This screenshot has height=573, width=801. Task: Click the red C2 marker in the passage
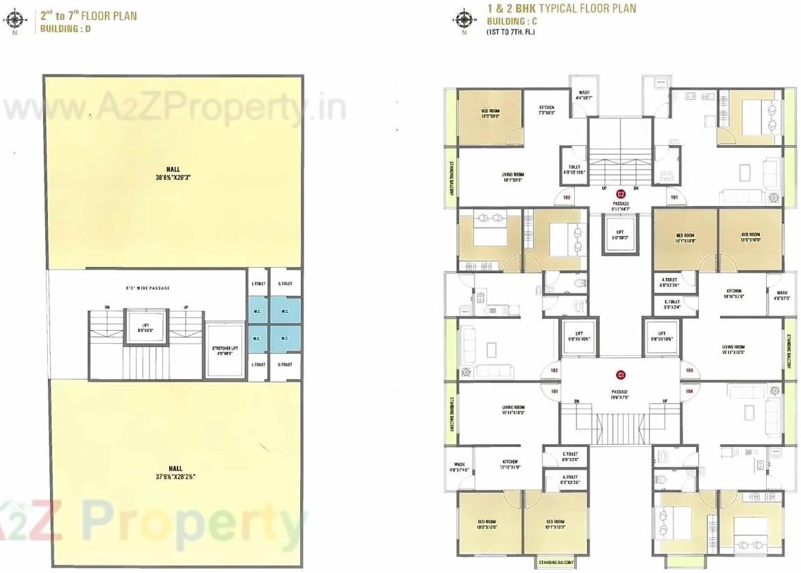click(621, 194)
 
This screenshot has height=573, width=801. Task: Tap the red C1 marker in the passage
click(621, 374)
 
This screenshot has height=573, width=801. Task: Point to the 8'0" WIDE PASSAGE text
click(147, 288)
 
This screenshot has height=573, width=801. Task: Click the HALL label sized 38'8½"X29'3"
click(173, 173)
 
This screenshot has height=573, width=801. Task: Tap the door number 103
click(689, 370)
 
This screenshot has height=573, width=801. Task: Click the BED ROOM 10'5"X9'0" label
click(490, 114)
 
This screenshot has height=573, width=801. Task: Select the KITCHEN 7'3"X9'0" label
click(546, 110)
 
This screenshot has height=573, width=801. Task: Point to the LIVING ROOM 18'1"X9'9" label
click(513, 177)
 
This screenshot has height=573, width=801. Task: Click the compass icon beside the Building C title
click(464, 19)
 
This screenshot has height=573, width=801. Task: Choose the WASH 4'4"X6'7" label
click(584, 95)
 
